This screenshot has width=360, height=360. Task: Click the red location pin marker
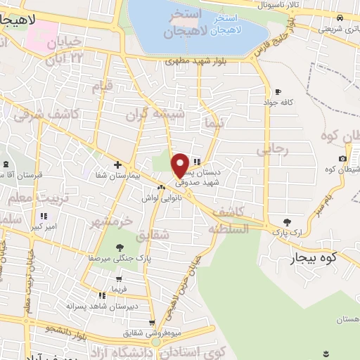tap(180, 165)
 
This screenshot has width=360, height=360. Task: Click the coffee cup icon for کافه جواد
tap(278, 92)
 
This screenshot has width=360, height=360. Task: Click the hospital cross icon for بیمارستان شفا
tap(117, 165)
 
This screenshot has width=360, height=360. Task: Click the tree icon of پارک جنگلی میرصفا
tap(120, 247)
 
